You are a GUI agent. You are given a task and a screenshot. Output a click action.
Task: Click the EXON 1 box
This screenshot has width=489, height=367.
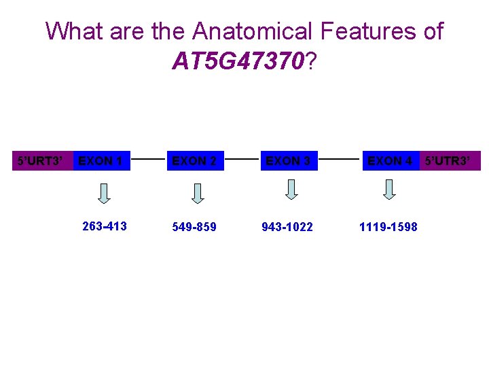pos(101,161)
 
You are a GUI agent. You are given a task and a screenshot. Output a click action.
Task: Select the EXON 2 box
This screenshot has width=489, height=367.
pos(195,161)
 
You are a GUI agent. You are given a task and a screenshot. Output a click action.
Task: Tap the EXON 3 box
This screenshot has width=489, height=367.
pos(288,161)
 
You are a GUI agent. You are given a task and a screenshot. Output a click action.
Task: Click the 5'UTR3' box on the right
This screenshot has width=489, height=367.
pos(450,161)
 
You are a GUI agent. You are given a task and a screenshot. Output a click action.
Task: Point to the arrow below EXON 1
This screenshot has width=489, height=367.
pos(105,194)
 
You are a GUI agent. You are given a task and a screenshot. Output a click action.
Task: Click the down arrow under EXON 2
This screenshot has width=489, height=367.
pos(198,194)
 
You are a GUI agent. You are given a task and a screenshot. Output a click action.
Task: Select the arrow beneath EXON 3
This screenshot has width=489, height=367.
pos(291,190)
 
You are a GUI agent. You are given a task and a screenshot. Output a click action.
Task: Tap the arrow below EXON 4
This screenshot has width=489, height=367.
pos(389,190)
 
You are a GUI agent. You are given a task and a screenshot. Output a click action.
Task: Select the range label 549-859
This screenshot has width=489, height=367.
pos(194,227)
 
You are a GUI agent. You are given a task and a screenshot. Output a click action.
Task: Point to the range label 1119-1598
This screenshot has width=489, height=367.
pos(388,227)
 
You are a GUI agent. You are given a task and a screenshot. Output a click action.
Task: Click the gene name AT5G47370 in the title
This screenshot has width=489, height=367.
pos(238,62)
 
